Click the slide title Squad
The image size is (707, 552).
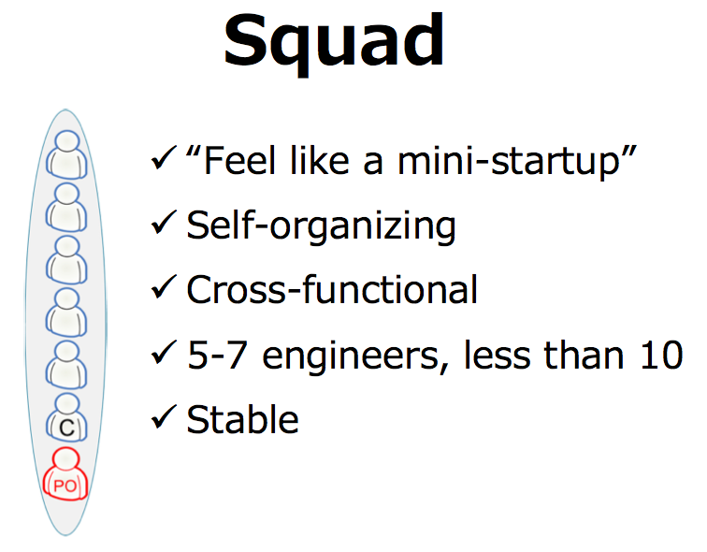click(x=334, y=43)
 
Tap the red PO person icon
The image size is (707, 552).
click(x=65, y=473)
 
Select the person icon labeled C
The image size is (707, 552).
click(x=66, y=417)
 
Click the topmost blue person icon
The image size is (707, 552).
click(x=66, y=154)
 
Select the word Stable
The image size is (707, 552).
click(x=242, y=419)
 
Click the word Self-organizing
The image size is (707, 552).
click(x=321, y=225)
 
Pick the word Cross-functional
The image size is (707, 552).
click(x=332, y=289)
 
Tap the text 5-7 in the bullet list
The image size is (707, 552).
click(x=217, y=356)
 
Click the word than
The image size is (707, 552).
click(x=584, y=355)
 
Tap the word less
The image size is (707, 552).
click(x=497, y=355)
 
